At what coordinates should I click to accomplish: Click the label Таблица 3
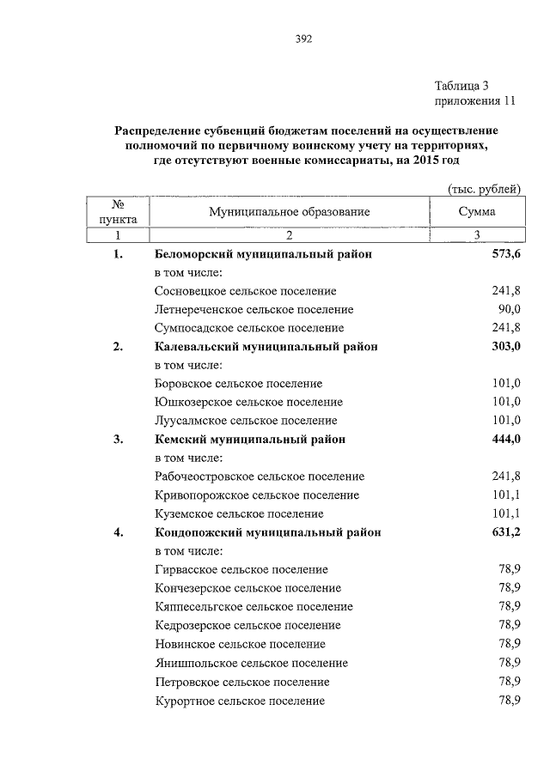[461, 85]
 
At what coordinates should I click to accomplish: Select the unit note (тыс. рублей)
[485, 189]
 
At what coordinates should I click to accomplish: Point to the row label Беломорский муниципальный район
[264, 255]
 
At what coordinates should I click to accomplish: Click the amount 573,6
[505, 255]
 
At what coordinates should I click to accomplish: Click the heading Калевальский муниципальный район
[266, 347]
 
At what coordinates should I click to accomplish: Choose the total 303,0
[505, 347]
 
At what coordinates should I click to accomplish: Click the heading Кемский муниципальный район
[250, 440]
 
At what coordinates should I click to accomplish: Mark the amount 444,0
[505, 440]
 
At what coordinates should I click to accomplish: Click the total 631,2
[505, 532]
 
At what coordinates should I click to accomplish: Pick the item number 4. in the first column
[118, 532]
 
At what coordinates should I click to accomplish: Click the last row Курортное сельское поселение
[240, 701]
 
